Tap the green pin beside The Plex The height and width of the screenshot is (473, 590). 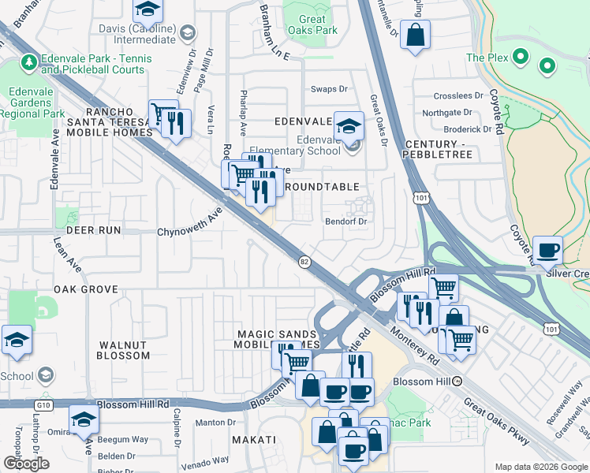click(x=521, y=57)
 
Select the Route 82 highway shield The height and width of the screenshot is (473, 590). click(x=304, y=260)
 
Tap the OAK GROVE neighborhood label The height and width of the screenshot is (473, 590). click(x=87, y=289)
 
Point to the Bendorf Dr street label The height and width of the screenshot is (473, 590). click(x=347, y=222)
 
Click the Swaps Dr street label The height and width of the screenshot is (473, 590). click(x=329, y=89)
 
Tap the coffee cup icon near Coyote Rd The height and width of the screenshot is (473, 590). click(x=548, y=251)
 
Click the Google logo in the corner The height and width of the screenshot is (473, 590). click(x=26, y=463)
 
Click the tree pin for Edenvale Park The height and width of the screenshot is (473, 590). click(x=28, y=61)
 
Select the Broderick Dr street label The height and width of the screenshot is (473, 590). click(x=468, y=129)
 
